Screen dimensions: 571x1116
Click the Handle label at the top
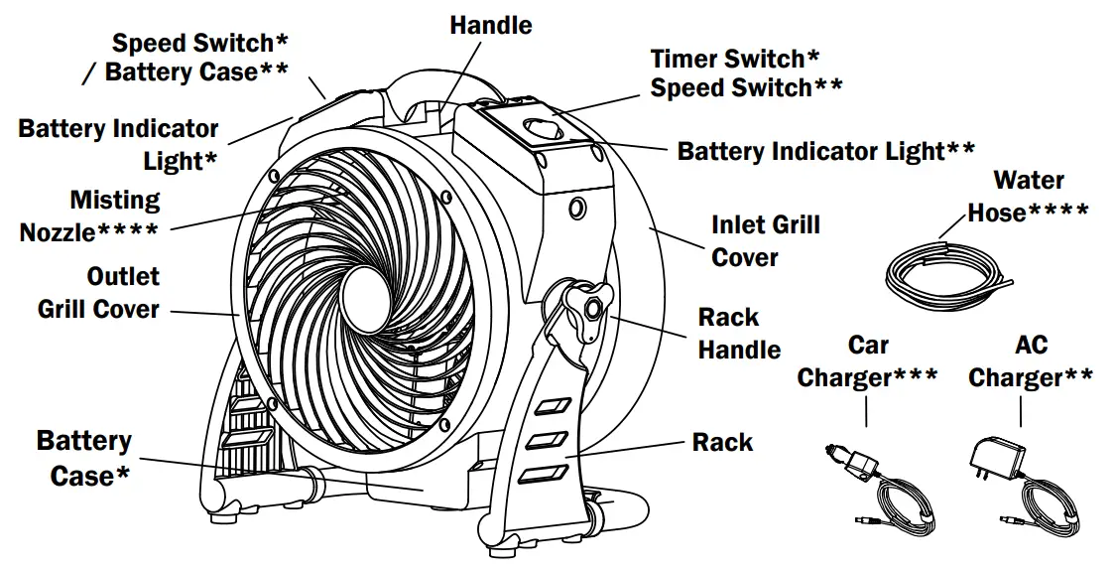(x=490, y=25)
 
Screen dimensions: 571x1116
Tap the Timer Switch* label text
(x=735, y=59)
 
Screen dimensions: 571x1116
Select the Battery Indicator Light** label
(x=825, y=151)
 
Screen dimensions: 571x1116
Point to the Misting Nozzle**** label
(x=89, y=216)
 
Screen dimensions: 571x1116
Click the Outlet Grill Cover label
(x=98, y=292)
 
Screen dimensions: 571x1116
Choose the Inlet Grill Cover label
(x=765, y=241)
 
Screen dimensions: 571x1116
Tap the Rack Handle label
(x=739, y=334)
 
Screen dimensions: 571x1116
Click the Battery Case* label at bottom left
(x=83, y=458)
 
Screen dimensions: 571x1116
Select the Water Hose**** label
(x=1028, y=197)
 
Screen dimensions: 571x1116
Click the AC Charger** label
(x=1030, y=361)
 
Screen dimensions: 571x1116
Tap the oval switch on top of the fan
(x=542, y=128)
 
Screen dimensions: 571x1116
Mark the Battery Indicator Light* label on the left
(x=118, y=144)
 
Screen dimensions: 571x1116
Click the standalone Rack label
(x=722, y=442)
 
